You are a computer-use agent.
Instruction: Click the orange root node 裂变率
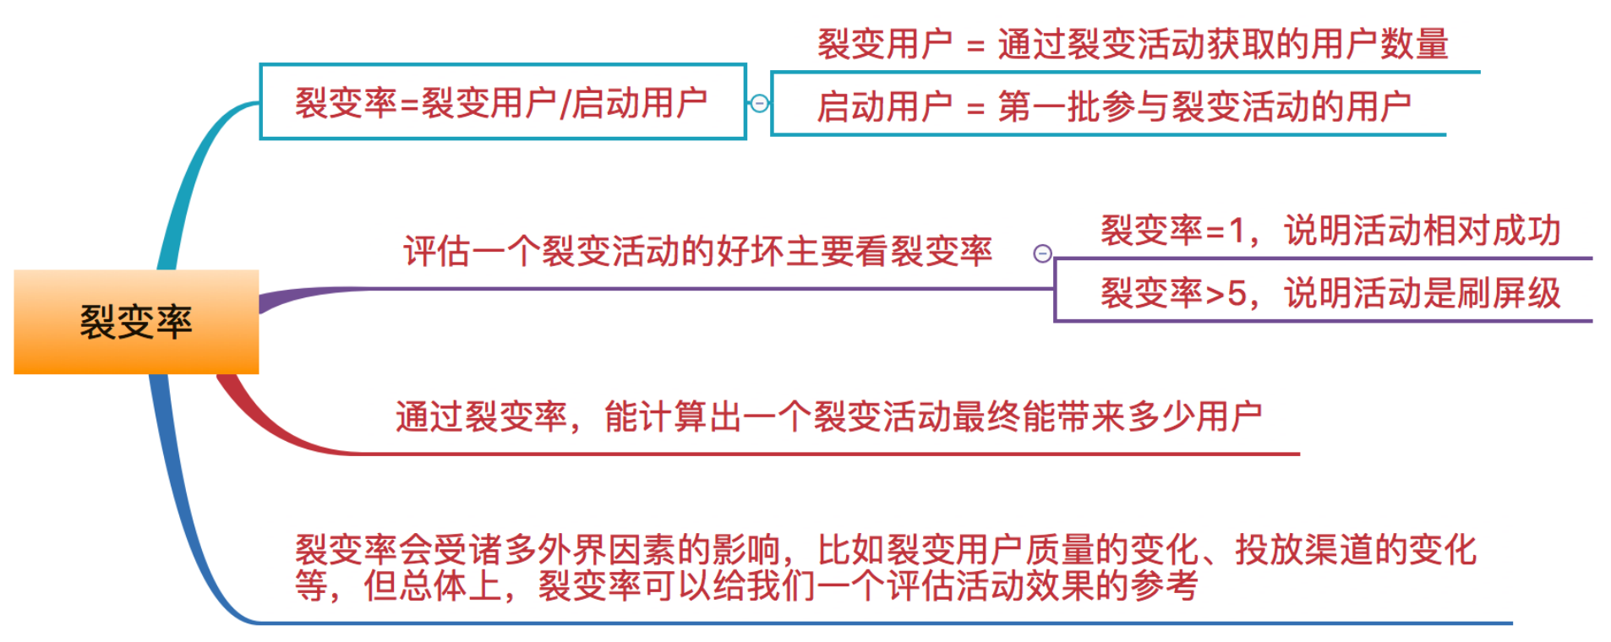point(136,322)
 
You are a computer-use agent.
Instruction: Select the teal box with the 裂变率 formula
point(502,102)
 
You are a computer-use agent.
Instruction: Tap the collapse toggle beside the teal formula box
point(759,103)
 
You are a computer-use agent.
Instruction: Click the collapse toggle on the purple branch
point(1042,253)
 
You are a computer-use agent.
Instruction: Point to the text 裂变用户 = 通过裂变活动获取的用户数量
point(1133,44)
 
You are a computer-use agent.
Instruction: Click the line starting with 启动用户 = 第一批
point(1113,107)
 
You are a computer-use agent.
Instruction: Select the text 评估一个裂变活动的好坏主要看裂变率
point(697,252)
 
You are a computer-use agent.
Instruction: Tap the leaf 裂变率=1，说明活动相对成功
point(1330,231)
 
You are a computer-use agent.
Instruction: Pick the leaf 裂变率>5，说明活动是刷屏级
point(1330,294)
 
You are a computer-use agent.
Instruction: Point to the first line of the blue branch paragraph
point(885,550)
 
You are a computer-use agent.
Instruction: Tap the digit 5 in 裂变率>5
point(1237,294)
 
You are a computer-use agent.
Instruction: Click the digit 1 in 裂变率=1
point(1237,231)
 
